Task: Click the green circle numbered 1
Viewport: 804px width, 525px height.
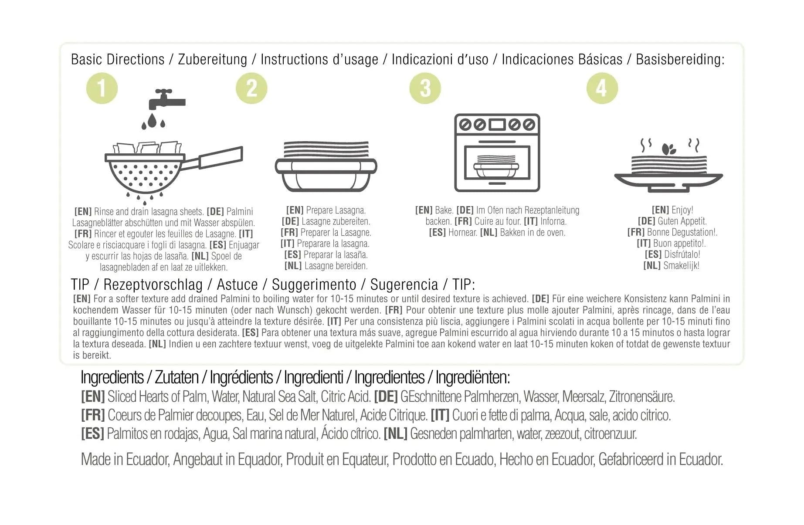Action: coord(102,88)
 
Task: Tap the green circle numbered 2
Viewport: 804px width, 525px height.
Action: coord(251,88)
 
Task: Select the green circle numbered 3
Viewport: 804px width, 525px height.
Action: coord(425,88)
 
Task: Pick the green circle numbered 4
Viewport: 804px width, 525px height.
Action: coord(602,88)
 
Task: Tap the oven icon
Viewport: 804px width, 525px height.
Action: coord(497,152)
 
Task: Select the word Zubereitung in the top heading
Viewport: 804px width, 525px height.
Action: coord(212,60)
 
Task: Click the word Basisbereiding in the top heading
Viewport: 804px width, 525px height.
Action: coord(680,59)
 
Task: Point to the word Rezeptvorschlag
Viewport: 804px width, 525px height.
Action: coord(153,285)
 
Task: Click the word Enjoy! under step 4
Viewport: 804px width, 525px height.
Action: coord(682,210)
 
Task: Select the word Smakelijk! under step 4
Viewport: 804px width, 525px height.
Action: coord(681,265)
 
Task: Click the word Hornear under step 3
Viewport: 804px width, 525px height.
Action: coord(463,233)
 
